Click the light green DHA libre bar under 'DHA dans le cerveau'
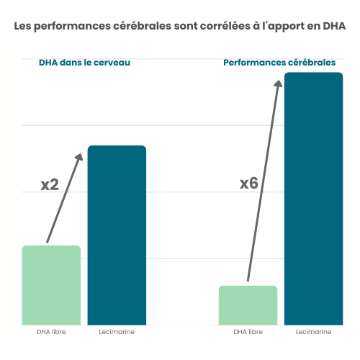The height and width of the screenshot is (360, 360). click(51, 285)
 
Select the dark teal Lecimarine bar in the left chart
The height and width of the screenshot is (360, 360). click(117, 235)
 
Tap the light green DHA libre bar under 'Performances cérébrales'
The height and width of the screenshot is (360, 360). click(248, 305)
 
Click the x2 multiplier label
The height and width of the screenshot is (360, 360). click(49, 185)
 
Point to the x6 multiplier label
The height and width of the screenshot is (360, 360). click(248, 184)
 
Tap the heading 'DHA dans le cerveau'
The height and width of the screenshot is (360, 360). click(84, 63)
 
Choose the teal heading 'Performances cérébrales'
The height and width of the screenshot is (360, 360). click(279, 63)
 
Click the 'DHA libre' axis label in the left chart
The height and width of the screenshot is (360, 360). click(51, 332)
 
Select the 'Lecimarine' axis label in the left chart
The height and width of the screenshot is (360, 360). click(117, 332)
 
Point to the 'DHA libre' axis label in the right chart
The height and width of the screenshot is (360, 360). click(248, 332)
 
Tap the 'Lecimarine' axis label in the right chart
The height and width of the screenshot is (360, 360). click(313, 332)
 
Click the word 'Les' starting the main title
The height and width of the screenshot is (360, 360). click(24, 27)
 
